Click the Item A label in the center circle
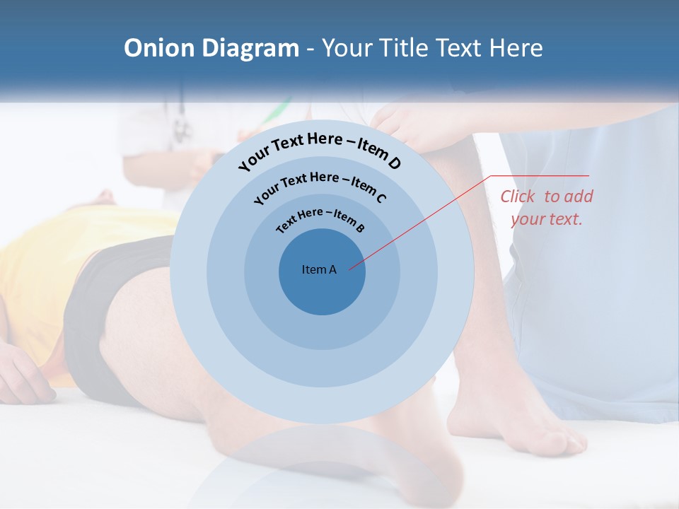(319, 269)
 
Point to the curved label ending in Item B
(320, 218)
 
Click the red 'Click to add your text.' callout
(547, 208)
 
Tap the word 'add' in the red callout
(577, 197)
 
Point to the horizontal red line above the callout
(540, 175)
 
